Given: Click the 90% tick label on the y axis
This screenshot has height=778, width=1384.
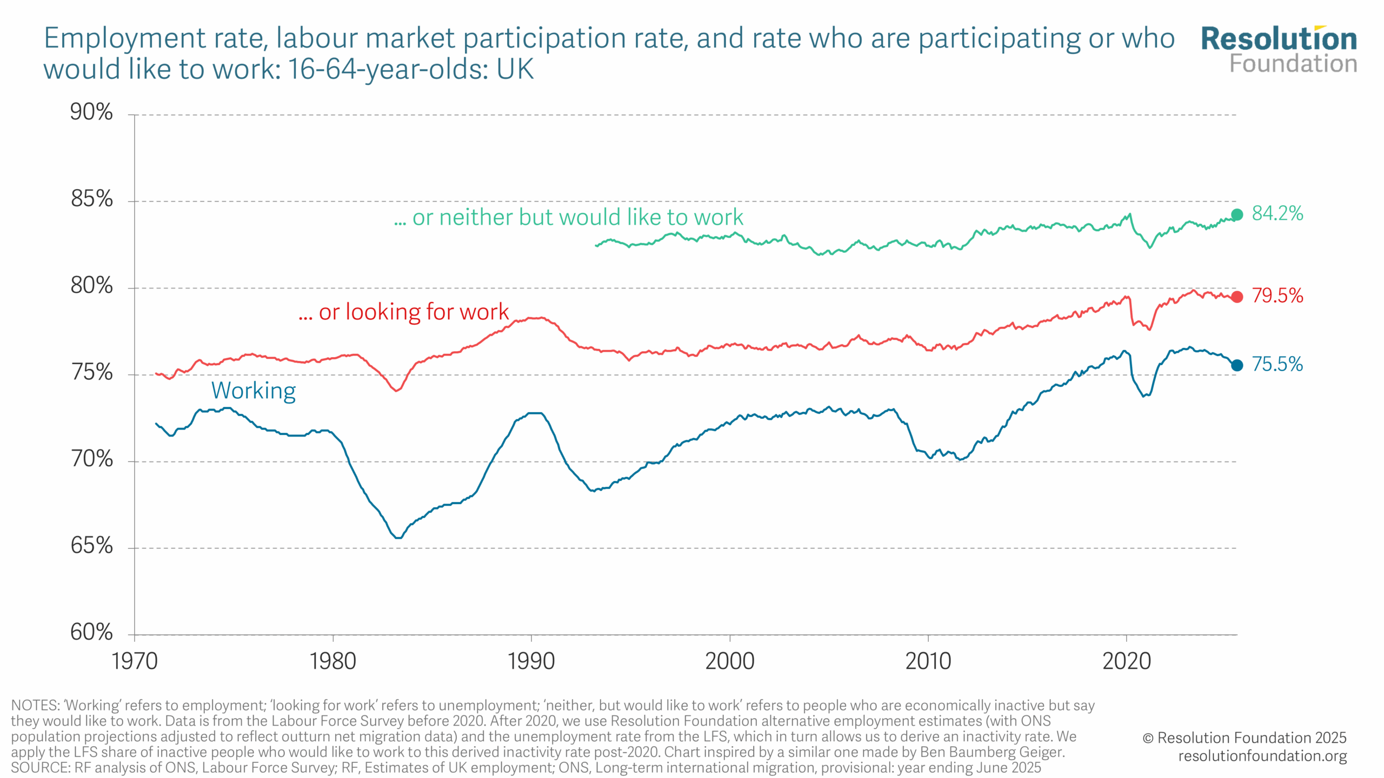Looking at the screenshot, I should [91, 112].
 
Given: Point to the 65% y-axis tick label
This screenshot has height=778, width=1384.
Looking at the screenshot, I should [91, 546].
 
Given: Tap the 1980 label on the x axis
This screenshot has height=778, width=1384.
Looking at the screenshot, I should [332, 661].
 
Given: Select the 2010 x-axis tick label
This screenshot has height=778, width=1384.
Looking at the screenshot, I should [928, 661].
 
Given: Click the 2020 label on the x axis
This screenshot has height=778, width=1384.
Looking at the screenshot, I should [1127, 661].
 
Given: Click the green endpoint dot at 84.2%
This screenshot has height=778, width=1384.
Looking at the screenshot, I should [1237, 214].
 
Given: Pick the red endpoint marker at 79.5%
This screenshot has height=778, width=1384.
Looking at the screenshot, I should [1237, 297].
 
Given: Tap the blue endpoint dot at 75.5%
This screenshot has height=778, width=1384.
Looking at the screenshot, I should [1237, 365].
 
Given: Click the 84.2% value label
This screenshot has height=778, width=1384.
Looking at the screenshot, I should [1277, 213].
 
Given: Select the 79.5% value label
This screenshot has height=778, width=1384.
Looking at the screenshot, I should [1277, 296].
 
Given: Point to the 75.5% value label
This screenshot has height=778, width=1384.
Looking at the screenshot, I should [1277, 364].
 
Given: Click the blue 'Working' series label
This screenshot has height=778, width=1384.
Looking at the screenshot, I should [254, 391].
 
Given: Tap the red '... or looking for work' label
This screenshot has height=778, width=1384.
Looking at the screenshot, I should [403, 312].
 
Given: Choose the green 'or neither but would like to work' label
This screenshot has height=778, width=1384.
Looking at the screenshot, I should [569, 217].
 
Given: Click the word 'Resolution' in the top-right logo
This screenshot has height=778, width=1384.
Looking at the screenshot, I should [1279, 39].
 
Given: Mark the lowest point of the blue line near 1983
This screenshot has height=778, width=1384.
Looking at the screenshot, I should [398, 538].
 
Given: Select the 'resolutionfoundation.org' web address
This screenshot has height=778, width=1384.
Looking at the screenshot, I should [1262, 756].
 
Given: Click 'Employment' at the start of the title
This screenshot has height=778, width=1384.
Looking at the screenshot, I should [125, 38].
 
